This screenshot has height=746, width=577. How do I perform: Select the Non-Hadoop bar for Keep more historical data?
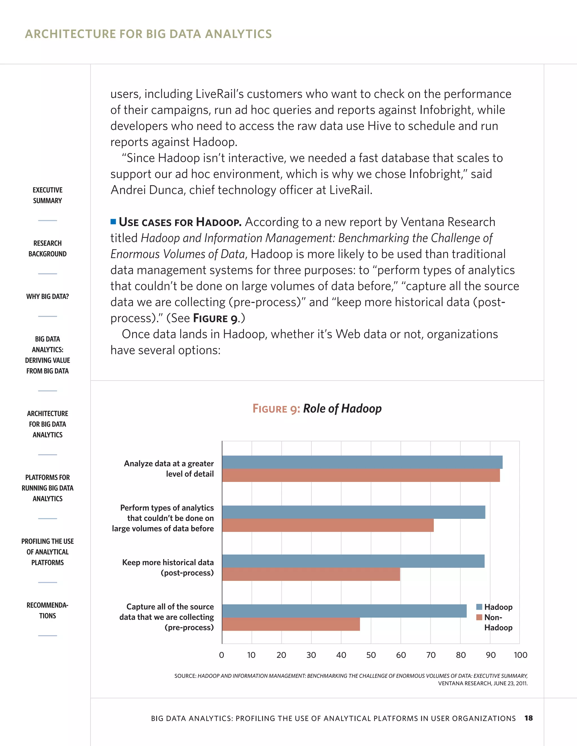point(311,574)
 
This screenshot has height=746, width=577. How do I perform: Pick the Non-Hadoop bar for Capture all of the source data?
point(291,624)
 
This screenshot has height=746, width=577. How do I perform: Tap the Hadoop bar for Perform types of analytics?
point(354,512)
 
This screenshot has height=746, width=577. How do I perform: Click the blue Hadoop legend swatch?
point(479,607)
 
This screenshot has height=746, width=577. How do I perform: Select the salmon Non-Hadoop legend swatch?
point(479,617)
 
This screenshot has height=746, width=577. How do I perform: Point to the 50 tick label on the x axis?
point(371,655)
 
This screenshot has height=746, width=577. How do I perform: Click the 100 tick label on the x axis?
point(520,655)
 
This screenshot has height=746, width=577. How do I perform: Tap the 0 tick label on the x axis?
point(221,655)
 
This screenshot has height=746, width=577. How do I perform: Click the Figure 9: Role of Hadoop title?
point(317,408)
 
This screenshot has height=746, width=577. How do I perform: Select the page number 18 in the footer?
point(529,718)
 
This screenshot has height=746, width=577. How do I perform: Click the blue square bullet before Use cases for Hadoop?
point(113,222)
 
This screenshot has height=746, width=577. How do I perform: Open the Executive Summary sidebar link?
point(48,195)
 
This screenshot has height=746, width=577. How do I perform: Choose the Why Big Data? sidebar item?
point(48,296)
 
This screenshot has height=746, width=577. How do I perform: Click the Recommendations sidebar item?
point(48,610)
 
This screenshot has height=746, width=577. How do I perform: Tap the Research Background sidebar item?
point(48,248)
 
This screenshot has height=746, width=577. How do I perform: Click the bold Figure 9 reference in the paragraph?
point(215,318)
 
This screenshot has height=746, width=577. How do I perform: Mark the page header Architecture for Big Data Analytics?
point(148,34)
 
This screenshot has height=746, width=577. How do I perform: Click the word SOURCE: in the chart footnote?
point(185,676)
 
